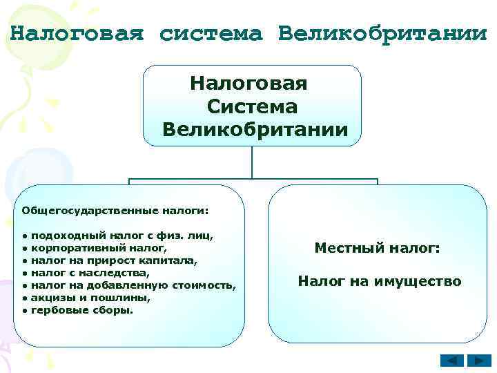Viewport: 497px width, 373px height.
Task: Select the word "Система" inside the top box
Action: (252, 107)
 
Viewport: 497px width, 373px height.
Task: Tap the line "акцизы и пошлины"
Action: (90, 298)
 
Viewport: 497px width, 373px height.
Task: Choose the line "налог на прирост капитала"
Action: (114, 260)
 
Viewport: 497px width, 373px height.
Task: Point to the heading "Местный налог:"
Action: (377, 248)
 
